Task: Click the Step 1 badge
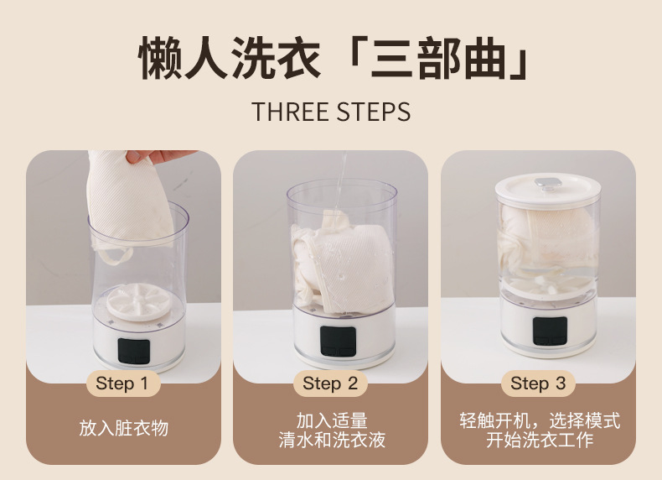(x=123, y=383)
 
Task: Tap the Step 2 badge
(x=330, y=383)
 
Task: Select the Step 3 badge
(x=538, y=383)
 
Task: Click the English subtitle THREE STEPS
(x=331, y=112)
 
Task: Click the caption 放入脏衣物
(x=123, y=428)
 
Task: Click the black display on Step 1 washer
(x=133, y=350)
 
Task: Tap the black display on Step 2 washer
(x=336, y=339)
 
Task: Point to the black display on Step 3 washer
(x=549, y=330)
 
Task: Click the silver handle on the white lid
(x=549, y=183)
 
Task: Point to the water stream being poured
(x=342, y=180)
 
